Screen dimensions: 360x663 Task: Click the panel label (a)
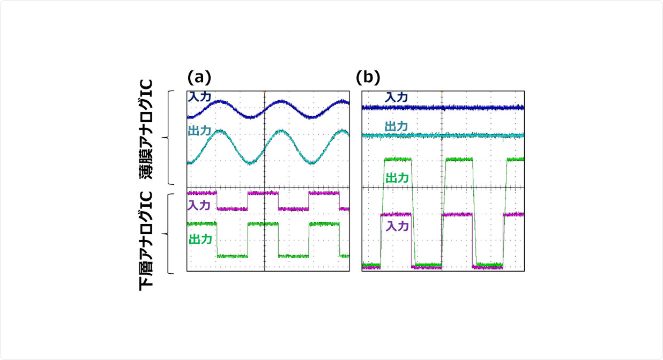coord(199,78)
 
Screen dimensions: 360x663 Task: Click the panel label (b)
coord(368,78)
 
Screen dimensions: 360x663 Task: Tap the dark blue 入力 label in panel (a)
coord(199,96)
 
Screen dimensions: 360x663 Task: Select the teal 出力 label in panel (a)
coord(199,130)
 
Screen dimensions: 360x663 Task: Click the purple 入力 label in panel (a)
coord(199,204)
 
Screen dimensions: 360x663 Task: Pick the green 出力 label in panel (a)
coord(200,239)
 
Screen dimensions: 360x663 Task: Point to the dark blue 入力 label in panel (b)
coord(397,97)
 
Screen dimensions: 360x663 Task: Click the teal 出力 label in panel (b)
coord(397,126)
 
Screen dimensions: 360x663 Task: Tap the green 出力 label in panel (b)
coord(397,178)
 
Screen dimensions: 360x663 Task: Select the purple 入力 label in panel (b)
coord(397,226)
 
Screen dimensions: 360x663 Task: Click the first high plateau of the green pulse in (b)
coord(398,159)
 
